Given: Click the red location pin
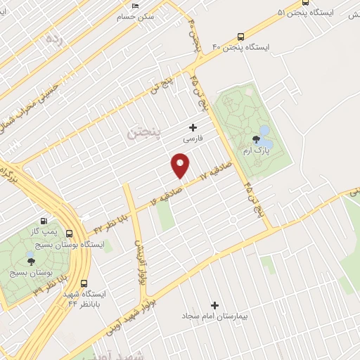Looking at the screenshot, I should (181, 166).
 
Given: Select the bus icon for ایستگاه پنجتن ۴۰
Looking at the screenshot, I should (241, 36).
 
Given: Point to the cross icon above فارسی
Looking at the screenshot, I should (193, 127).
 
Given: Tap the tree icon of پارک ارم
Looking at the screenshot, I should (253, 139).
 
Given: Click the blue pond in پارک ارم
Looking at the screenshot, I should (264, 131).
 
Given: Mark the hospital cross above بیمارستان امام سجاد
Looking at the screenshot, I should (214, 305).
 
